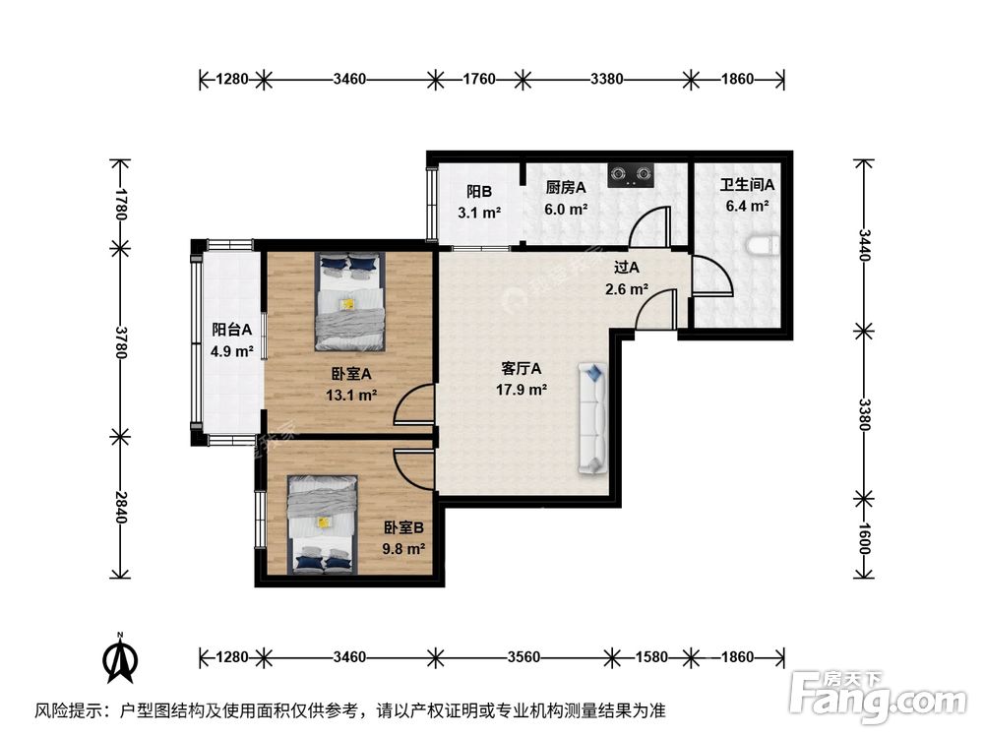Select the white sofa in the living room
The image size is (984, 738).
coord(593,418)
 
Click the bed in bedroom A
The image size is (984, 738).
coord(350,301)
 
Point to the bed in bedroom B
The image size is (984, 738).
coord(323,524)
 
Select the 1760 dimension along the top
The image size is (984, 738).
coord(479,79)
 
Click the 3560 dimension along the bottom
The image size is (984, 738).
coord(523,657)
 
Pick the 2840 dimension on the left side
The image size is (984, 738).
coord(121,507)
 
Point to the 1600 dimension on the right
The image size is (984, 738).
coord(864,538)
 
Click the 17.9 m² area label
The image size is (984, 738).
coord(522,390)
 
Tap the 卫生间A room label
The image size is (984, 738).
coord(747,185)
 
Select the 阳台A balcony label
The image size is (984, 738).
coord(231,330)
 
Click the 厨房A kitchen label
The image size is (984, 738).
coord(566,187)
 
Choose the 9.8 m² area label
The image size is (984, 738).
coord(404,549)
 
